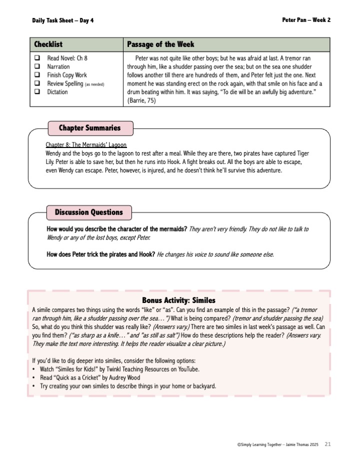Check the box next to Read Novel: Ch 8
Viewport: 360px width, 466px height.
(37, 58)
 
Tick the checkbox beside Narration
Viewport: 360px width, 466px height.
(37, 67)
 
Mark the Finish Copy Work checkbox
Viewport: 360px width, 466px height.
(37, 75)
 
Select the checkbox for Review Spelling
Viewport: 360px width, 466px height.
(37, 84)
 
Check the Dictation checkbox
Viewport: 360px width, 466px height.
(37, 92)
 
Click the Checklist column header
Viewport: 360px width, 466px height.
(48, 44)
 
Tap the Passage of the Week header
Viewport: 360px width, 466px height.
(160, 44)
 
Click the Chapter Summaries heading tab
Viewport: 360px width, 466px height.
(90, 128)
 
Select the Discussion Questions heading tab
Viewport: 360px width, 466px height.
(89, 212)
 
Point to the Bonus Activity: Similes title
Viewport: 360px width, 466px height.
(178, 300)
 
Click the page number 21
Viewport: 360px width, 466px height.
(328, 444)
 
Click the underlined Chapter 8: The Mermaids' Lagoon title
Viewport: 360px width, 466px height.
(86, 144)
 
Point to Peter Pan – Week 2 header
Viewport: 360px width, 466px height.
(306, 20)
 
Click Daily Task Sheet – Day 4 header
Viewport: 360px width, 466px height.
(63, 20)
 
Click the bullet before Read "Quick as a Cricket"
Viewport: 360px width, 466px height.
(33, 378)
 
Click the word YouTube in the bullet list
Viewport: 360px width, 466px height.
(187, 369)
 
